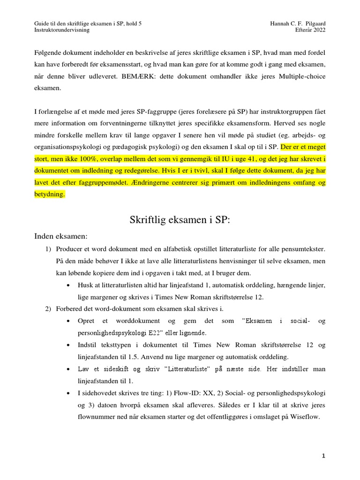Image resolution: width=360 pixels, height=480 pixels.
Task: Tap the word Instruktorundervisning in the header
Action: (x=62, y=30)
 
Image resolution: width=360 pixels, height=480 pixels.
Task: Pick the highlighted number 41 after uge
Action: (x=249, y=158)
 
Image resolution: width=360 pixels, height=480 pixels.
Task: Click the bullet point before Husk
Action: (x=69, y=285)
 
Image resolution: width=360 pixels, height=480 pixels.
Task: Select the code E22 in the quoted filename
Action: (x=162, y=333)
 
